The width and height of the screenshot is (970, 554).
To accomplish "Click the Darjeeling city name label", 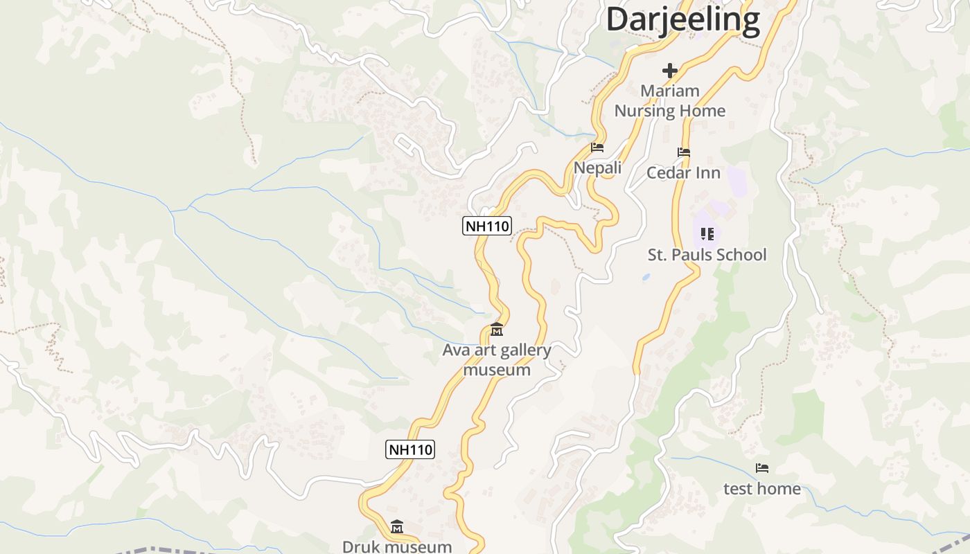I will point(683,19).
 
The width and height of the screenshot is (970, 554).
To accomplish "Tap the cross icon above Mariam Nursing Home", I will point(670,71).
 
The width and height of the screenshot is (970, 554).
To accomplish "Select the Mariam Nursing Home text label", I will point(670,100).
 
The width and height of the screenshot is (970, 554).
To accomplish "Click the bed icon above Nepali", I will point(597,148).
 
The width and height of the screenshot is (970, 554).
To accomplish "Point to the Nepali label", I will point(597,168).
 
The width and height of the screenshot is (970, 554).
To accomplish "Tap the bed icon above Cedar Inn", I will point(684,152).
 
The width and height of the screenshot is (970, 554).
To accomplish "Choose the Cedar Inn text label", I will point(684,172).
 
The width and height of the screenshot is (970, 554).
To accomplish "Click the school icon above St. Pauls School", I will point(707,234).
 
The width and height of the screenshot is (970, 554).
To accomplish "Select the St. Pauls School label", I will point(707,255).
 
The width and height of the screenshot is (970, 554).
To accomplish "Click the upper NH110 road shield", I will point(487,226).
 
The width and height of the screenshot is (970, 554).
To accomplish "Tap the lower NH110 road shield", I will point(409,449).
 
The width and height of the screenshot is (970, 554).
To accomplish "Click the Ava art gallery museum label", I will point(497,359).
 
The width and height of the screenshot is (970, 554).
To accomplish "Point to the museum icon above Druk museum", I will point(397,527).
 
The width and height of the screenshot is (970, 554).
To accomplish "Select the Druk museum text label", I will point(397,546).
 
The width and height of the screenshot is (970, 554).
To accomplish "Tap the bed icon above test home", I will point(762,468).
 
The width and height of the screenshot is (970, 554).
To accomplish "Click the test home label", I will point(762,488).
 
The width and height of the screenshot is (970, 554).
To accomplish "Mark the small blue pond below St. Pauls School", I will point(646,277).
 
